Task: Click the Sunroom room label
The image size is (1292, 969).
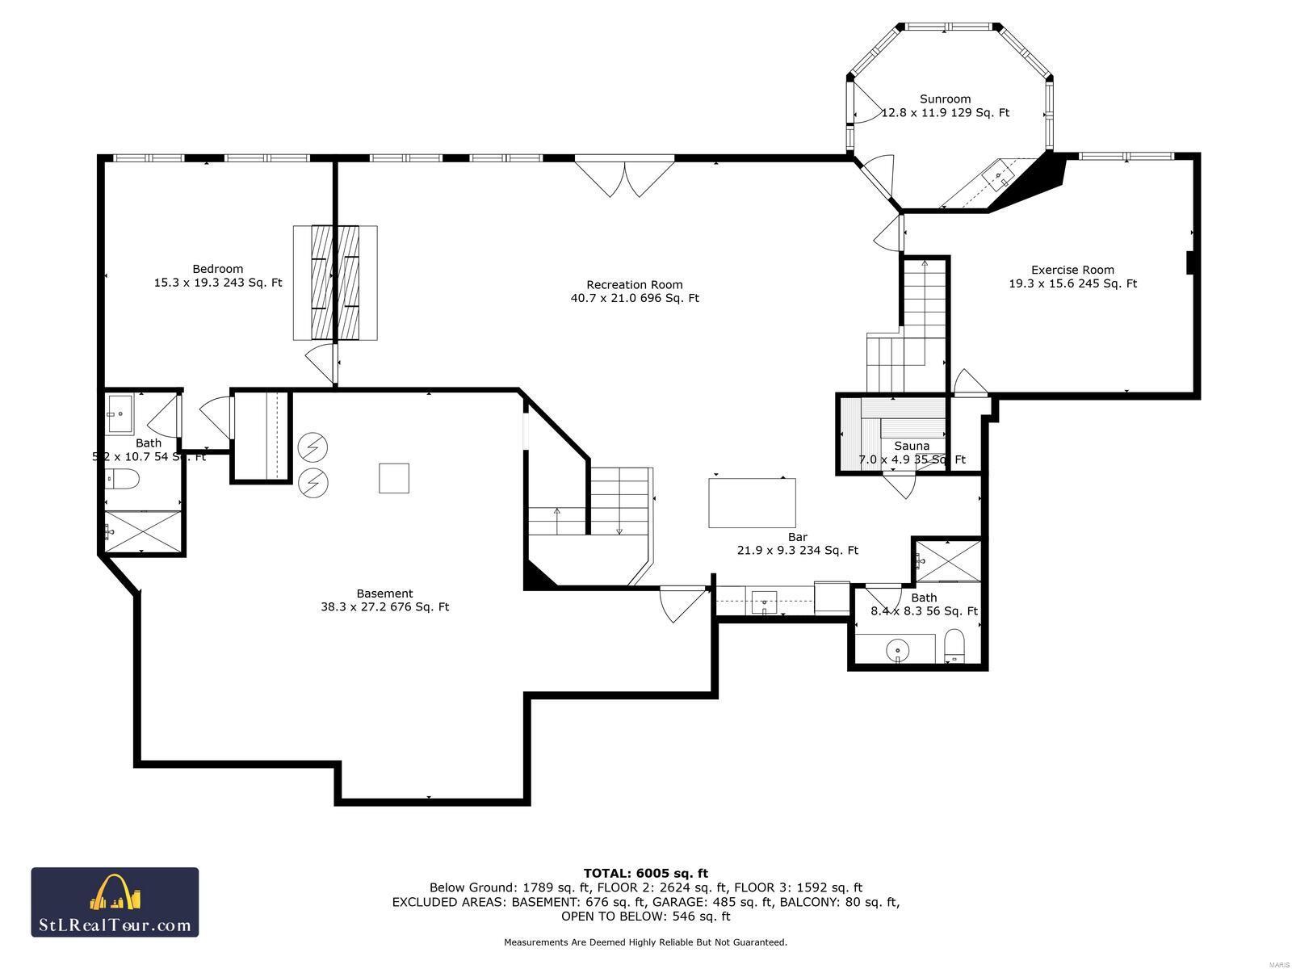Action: [x=945, y=99]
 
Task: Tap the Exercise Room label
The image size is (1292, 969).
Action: [x=1072, y=270]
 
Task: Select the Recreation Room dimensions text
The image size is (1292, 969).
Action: [x=634, y=298]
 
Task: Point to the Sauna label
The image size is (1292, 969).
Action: [x=912, y=446]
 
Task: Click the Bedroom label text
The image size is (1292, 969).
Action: [x=217, y=269]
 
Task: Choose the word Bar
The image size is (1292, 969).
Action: [x=797, y=537]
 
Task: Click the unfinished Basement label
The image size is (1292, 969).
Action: [x=384, y=593]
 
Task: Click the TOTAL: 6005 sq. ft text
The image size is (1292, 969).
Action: [x=645, y=873]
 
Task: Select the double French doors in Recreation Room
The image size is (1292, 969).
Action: [x=624, y=177]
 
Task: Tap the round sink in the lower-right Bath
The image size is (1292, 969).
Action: [x=897, y=648]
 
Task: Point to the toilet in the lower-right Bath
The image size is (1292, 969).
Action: [x=954, y=645]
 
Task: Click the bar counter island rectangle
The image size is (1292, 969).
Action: [x=752, y=502]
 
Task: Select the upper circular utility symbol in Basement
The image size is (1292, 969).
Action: [x=313, y=446]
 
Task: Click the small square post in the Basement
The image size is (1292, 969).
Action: [x=394, y=478]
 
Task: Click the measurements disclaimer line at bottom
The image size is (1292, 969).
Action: [x=645, y=942]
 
